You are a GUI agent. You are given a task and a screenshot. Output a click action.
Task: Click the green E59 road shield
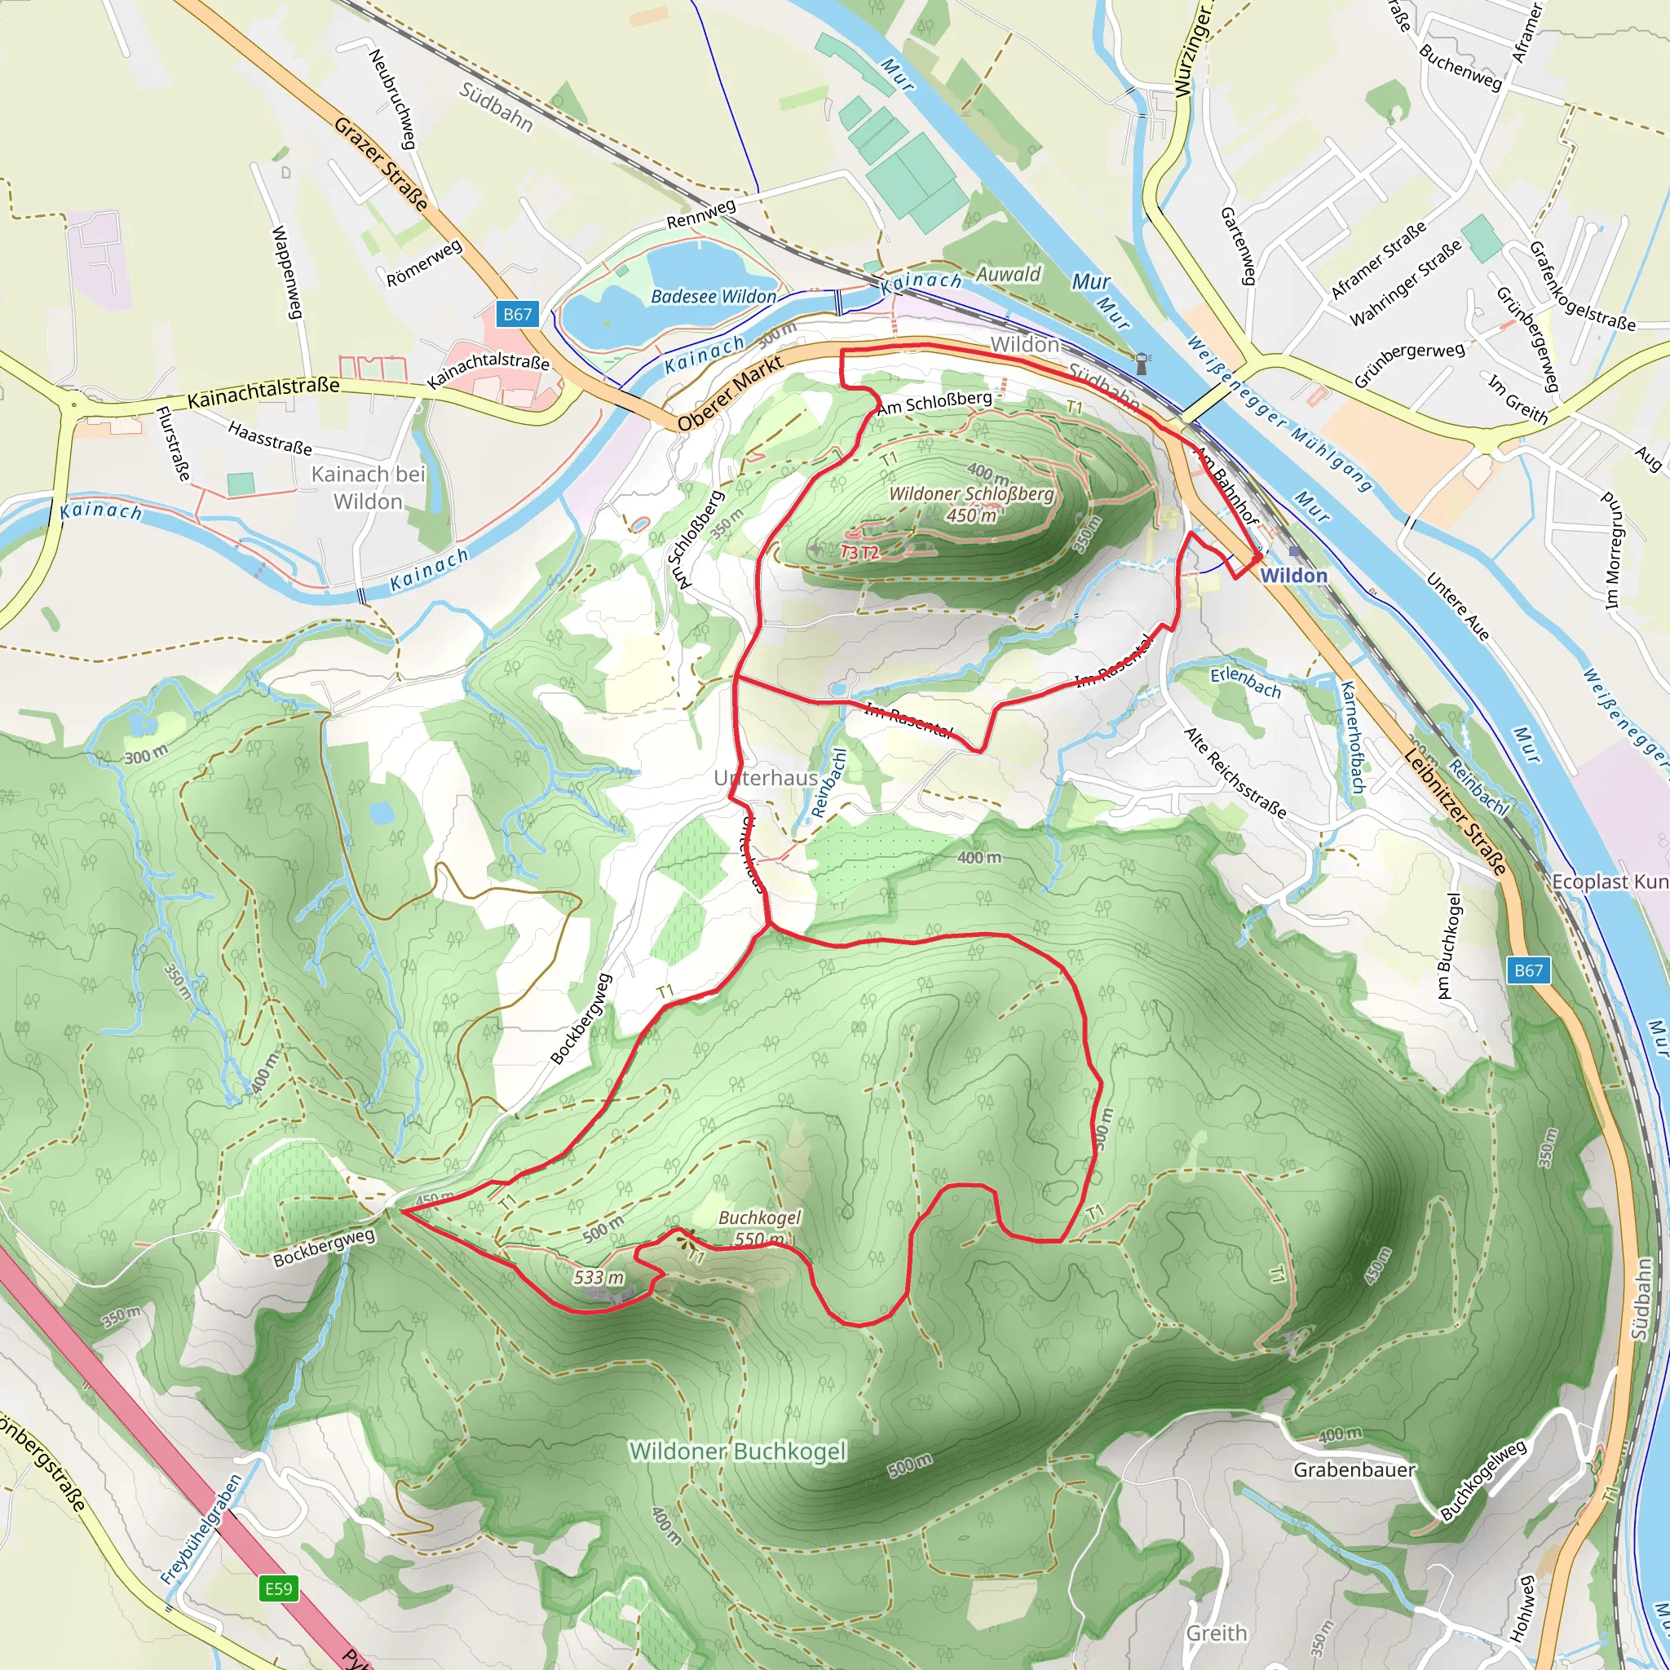[x=278, y=1588]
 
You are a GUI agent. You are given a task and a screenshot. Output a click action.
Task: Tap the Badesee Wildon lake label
[x=714, y=297]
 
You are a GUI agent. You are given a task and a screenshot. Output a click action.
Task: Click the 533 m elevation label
[x=599, y=1277]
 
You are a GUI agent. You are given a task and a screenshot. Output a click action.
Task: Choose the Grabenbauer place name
[x=1354, y=1469]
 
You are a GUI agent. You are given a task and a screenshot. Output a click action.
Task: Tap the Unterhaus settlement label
[x=766, y=778]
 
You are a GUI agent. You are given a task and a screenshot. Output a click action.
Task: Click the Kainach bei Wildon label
[x=369, y=488]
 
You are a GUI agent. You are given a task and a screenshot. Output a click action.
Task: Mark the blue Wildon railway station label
[x=1293, y=576]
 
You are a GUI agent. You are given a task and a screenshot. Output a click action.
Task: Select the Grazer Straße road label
[x=381, y=164]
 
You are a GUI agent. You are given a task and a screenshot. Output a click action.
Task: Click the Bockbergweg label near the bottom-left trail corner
[x=325, y=1248]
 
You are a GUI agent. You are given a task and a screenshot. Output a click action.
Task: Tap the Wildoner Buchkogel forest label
[x=737, y=1451]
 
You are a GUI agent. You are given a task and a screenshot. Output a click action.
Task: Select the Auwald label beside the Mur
[x=1009, y=274]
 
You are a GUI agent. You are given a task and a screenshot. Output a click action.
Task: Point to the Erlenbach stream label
[x=1244, y=681]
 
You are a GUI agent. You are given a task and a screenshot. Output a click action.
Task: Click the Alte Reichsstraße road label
[x=1235, y=772]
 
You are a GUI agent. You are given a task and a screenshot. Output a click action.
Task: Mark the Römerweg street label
[x=423, y=263]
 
